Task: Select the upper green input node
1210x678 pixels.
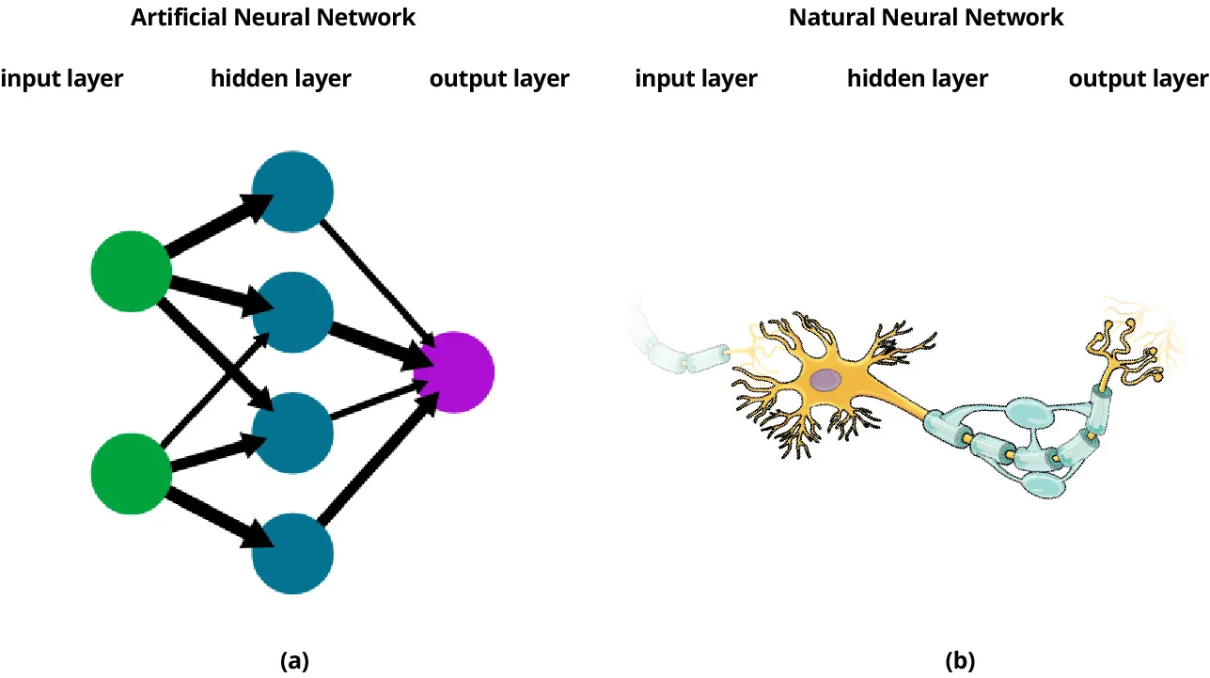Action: [131, 271]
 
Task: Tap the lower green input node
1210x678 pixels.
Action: [131, 473]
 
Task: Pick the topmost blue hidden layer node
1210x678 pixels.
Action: [293, 192]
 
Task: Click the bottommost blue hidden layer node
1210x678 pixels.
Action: [293, 553]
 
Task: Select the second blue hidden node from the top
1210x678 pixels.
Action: [293, 312]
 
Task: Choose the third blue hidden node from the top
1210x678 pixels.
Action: [293, 433]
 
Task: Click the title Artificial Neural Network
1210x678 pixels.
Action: [273, 17]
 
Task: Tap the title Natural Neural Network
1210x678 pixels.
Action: [926, 17]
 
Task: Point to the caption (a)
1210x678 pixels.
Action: [294, 660]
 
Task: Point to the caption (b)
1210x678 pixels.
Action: [961, 660]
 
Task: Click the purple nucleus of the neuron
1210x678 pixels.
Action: [825, 380]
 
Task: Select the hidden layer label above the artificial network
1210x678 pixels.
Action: [280, 79]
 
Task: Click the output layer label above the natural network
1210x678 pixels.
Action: [1139, 79]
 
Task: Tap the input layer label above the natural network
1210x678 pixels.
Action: [696, 79]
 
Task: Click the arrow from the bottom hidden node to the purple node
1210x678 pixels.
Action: [376, 461]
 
